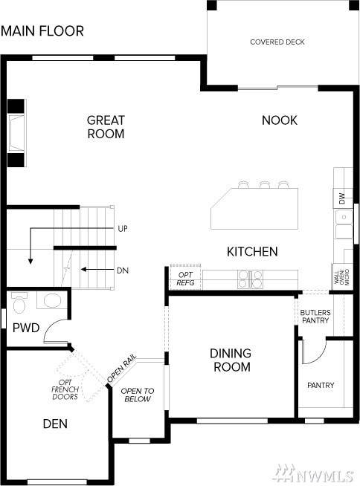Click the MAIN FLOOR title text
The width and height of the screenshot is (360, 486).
pyautogui.click(x=42, y=31)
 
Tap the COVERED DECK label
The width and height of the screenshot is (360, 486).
pyautogui.click(x=277, y=42)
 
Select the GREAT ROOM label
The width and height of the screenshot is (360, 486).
pyautogui.click(x=106, y=127)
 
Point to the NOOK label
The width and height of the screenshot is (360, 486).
pyautogui.click(x=280, y=120)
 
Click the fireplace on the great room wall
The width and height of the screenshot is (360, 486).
pyautogui.click(x=16, y=133)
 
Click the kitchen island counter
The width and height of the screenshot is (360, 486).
pyautogui.click(x=254, y=208)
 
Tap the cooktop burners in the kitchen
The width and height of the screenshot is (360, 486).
pyautogui.click(x=250, y=279)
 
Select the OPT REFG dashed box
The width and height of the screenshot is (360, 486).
pyautogui.click(x=186, y=277)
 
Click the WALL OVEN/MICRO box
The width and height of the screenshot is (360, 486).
pyautogui.click(x=342, y=276)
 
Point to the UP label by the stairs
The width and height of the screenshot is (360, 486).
pyautogui.click(x=123, y=229)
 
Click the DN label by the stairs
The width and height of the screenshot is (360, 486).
pyautogui.click(x=123, y=270)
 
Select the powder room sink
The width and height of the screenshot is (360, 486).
pyautogui.click(x=52, y=300)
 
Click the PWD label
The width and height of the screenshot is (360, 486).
pyautogui.click(x=26, y=328)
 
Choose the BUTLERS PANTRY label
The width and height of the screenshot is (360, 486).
pyautogui.click(x=315, y=317)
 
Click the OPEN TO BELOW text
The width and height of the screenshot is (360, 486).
pyautogui.click(x=137, y=395)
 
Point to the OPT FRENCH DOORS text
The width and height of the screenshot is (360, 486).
pyautogui.click(x=65, y=389)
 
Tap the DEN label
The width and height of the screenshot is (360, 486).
pyautogui.click(x=55, y=424)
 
